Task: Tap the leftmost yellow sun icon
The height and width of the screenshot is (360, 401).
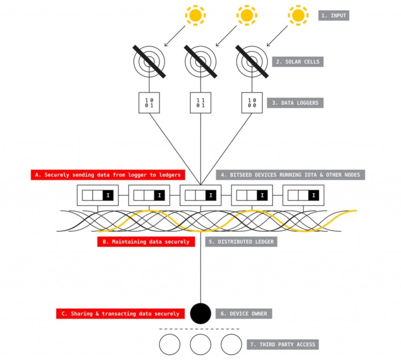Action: pyautogui.click(x=195, y=15)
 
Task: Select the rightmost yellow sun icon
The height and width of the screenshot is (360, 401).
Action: pyautogui.click(x=298, y=15)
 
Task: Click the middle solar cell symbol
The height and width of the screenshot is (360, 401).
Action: pyautogui.click(x=200, y=61)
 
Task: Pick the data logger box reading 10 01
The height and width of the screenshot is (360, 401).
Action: pyautogui.click(x=149, y=102)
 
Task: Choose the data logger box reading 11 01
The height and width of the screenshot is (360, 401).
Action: pyautogui.click(x=200, y=102)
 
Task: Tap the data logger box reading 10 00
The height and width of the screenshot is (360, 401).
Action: pyautogui.click(x=252, y=102)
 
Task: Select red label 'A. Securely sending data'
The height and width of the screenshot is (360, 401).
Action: pyautogui.click(x=107, y=175)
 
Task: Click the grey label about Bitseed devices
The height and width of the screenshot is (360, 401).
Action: pyautogui.click(x=291, y=175)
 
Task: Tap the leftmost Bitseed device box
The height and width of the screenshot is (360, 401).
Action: pyautogui.click(x=98, y=195)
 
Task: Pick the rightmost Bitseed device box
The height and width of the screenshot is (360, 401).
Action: pyautogui.click(x=303, y=195)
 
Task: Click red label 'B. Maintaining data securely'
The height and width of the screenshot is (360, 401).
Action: pyautogui.click(x=146, y=241)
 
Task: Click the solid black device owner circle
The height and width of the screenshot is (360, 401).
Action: pyautogui.click(x=200, y=313)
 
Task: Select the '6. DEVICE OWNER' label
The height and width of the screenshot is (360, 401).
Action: pyautogui.click(x=243, y=313)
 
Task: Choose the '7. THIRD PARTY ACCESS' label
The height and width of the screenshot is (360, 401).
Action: pyautogui.click(x=283, y=345)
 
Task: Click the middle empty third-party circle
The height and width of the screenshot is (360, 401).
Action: pyautogui.click(x=200, y=345)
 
